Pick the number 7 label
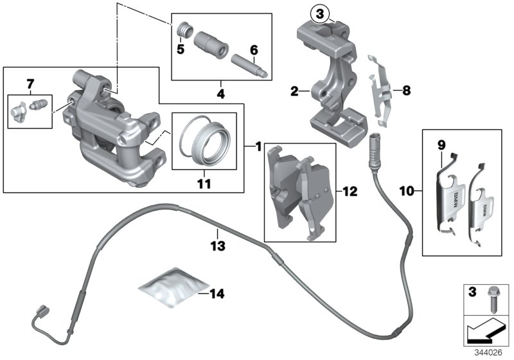(29, 84)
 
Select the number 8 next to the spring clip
(405, 91)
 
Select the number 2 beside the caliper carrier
(294, 92)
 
